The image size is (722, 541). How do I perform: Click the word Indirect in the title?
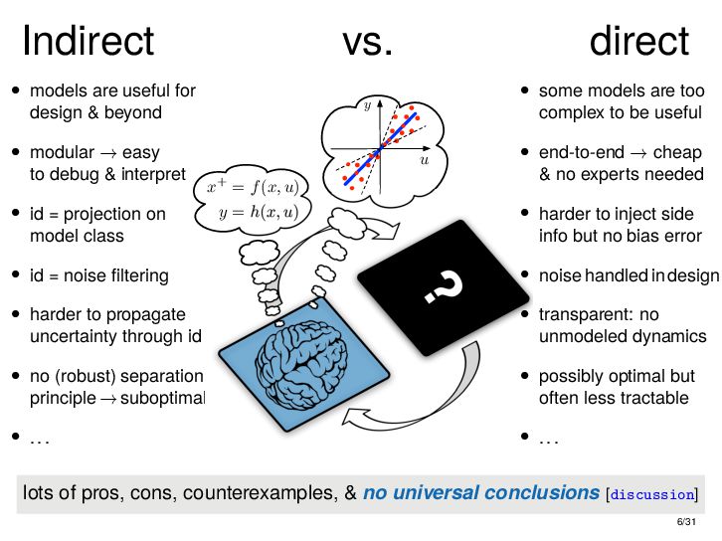click(x=88, y=42)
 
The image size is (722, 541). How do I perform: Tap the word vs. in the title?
click(x=368, y=42)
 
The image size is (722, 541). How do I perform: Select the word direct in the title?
click(x=638, y=42)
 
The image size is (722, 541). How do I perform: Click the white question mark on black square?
click(x=445, y=287)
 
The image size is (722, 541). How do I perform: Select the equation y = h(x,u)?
click(x=257, y=211)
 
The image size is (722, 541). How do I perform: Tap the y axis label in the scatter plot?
click(x=367, y=103)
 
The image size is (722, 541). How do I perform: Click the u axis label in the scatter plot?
click(x=424, y=159)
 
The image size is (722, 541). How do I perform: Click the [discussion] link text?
click(x=652, y=494)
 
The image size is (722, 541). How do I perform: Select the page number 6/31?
click(x=685, y=522)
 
